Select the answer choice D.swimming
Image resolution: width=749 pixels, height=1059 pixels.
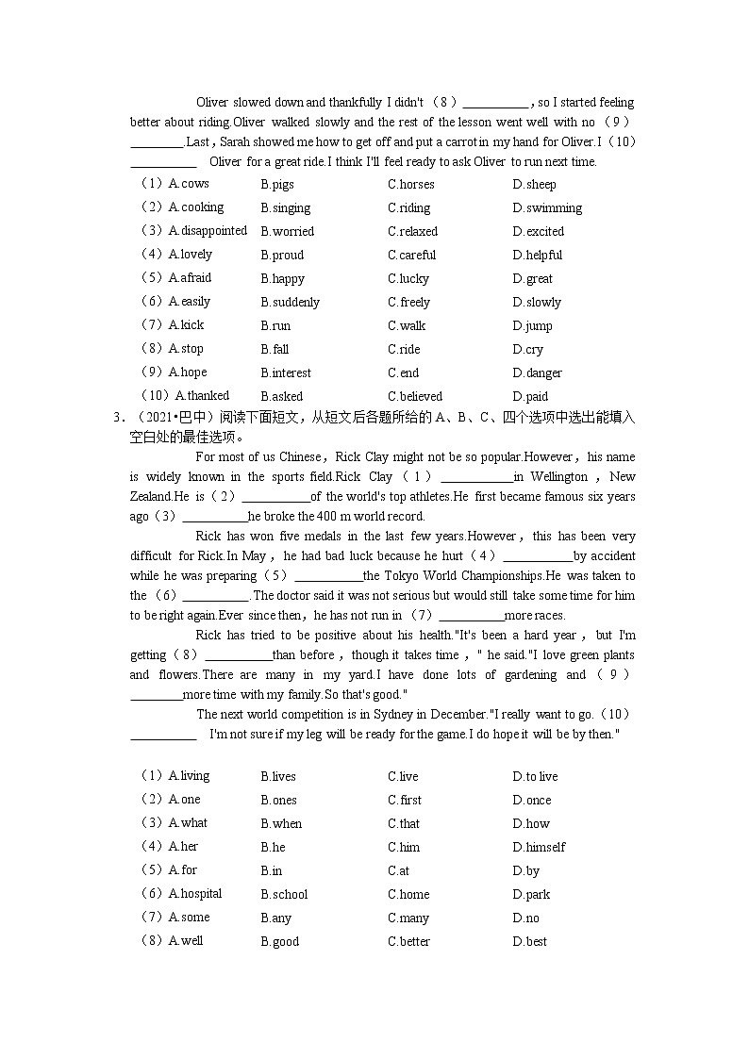point(547,207)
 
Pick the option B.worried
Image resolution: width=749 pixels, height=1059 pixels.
point(287,231)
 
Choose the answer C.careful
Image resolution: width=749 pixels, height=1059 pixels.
point(411,255)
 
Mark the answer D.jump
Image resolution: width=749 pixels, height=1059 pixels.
point(532,325)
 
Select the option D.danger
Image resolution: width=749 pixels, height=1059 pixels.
point(537,372)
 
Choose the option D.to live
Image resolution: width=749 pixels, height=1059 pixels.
point(535,776)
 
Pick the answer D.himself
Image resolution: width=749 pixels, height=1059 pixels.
point(539,847)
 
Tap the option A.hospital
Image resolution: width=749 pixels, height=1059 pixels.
point(194,893)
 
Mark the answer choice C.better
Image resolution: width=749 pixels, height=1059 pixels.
point(408,941)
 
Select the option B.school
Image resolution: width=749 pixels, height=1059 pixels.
point(284,894)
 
